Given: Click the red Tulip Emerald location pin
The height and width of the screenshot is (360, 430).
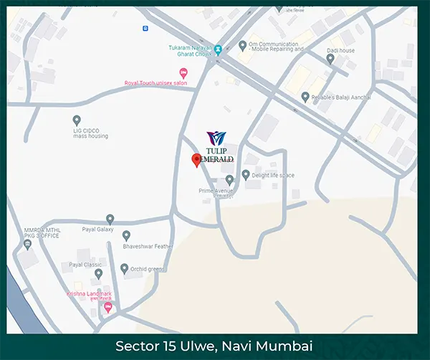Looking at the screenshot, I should pyautogui.click(x=196, y=160).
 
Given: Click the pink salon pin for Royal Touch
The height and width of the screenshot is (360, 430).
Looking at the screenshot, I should pyautogui.click(x=183, y=72).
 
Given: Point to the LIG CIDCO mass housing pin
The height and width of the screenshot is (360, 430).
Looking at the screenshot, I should pyautogui.click(x=77, y=120).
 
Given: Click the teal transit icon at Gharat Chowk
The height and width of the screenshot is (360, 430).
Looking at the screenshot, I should pyautogui.click(x=219, y=50).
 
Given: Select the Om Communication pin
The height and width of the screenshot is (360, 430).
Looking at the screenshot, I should pyautogui.click(x=242, y=46).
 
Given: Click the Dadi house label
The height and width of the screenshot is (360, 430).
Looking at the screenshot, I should pyautogui.click(x=343, y=51).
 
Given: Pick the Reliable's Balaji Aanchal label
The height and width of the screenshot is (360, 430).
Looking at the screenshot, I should pyautogui.click(x=345, y=97).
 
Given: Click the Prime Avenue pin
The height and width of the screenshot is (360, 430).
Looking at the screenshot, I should pyautogui.click(x=229, y=179).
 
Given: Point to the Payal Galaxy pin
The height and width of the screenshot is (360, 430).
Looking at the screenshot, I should pyautogui.click(x=110, y=219).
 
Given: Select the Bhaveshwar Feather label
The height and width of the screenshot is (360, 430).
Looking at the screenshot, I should pyautogui.click(x=148, y=246).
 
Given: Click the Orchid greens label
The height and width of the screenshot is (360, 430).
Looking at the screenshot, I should pyautogui.click(x=148, y=269).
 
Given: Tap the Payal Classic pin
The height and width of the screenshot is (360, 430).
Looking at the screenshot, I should pyautogui.click(x=99, y=273).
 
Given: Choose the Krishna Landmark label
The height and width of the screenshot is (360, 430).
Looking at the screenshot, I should pyautogui.click(x=90, y=295).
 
